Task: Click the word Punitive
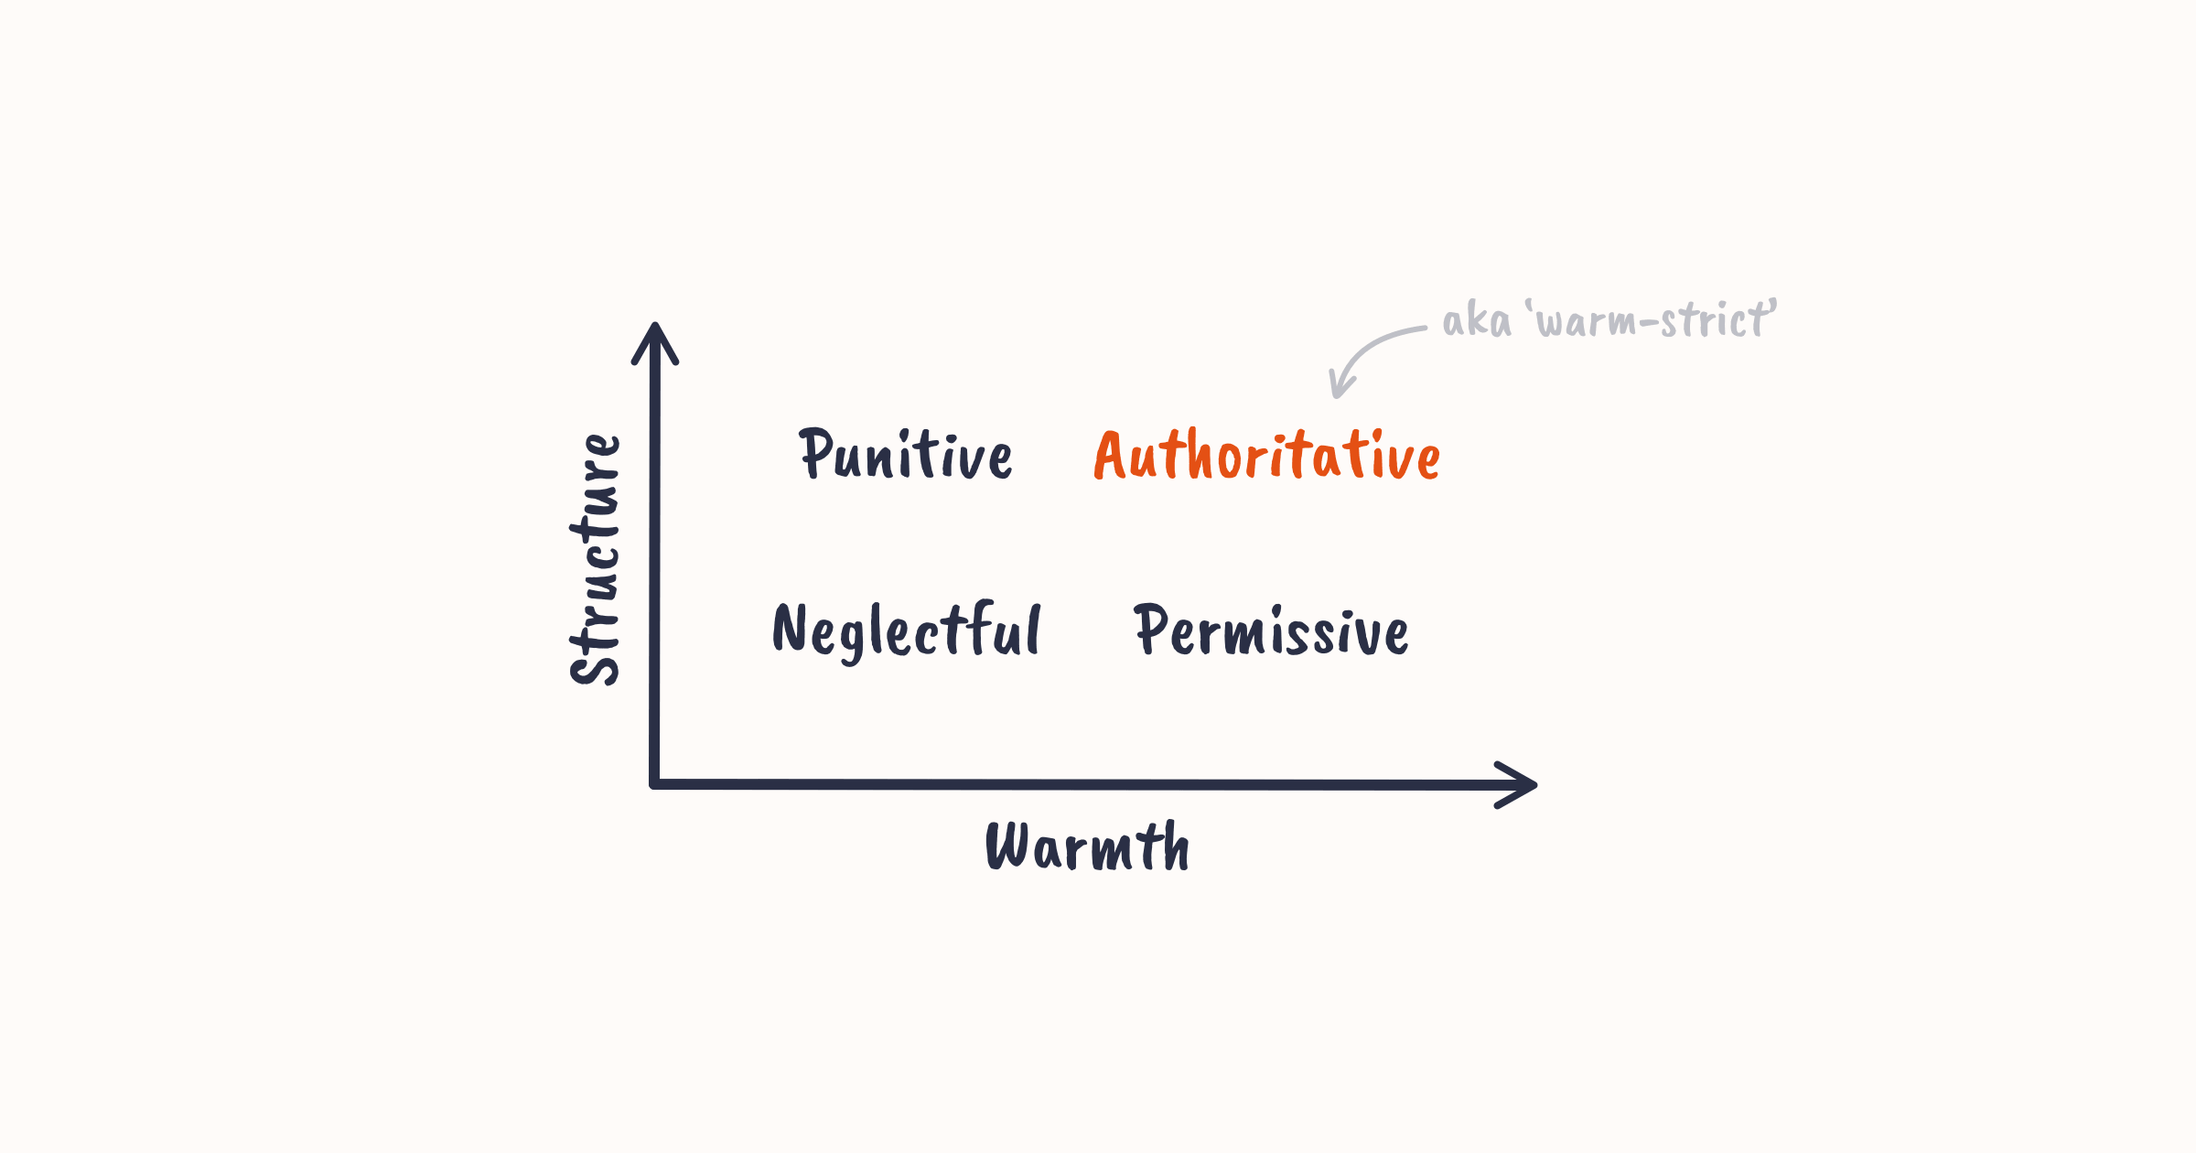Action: point(906,455)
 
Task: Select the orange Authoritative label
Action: point(1267,455)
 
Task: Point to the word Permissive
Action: point(1271,630)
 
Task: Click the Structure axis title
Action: point(596,560)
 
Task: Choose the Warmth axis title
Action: point(1087,846)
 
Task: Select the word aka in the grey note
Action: point(1476,321)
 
